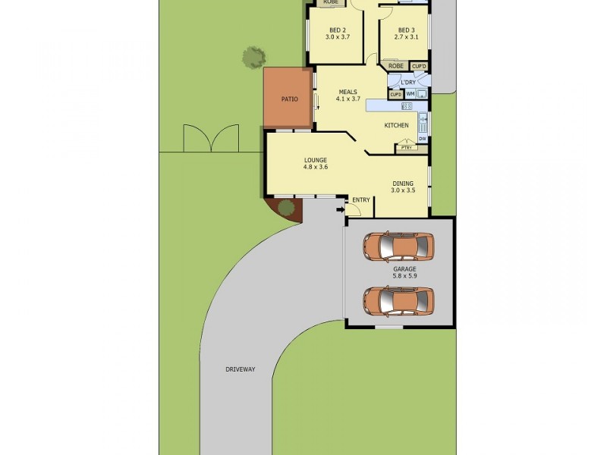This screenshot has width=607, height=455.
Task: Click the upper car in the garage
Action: click(398, 246)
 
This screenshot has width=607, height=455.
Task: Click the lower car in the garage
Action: click(398, 300)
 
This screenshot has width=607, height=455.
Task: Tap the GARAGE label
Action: click(404, 269)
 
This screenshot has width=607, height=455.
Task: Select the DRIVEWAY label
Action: click(240, 369)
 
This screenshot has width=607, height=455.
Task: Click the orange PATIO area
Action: click(288, 99)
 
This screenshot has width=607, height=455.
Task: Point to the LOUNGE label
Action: click(316, 160)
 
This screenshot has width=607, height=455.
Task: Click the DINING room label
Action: click(403, 183)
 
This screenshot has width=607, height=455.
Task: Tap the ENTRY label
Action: click(361, 200)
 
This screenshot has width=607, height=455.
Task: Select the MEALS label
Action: click(348, 93)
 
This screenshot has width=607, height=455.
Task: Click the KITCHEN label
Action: click(396, 125)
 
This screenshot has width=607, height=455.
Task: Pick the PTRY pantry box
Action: click(406, 148)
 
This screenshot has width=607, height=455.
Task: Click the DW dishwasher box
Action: click(422, 139)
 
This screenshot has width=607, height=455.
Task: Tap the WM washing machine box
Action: click(410, 94)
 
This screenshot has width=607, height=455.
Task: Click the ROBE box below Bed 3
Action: click(396, 66)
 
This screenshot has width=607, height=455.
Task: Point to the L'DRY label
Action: click(407, 81)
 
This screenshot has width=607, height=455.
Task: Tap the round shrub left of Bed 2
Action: click(254, 56)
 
